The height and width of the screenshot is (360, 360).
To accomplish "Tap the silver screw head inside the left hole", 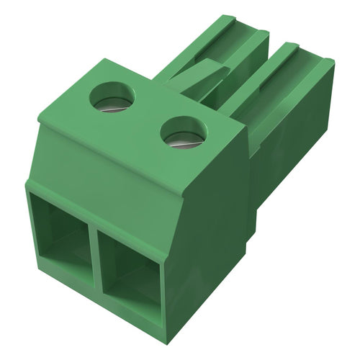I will (112, 104).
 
